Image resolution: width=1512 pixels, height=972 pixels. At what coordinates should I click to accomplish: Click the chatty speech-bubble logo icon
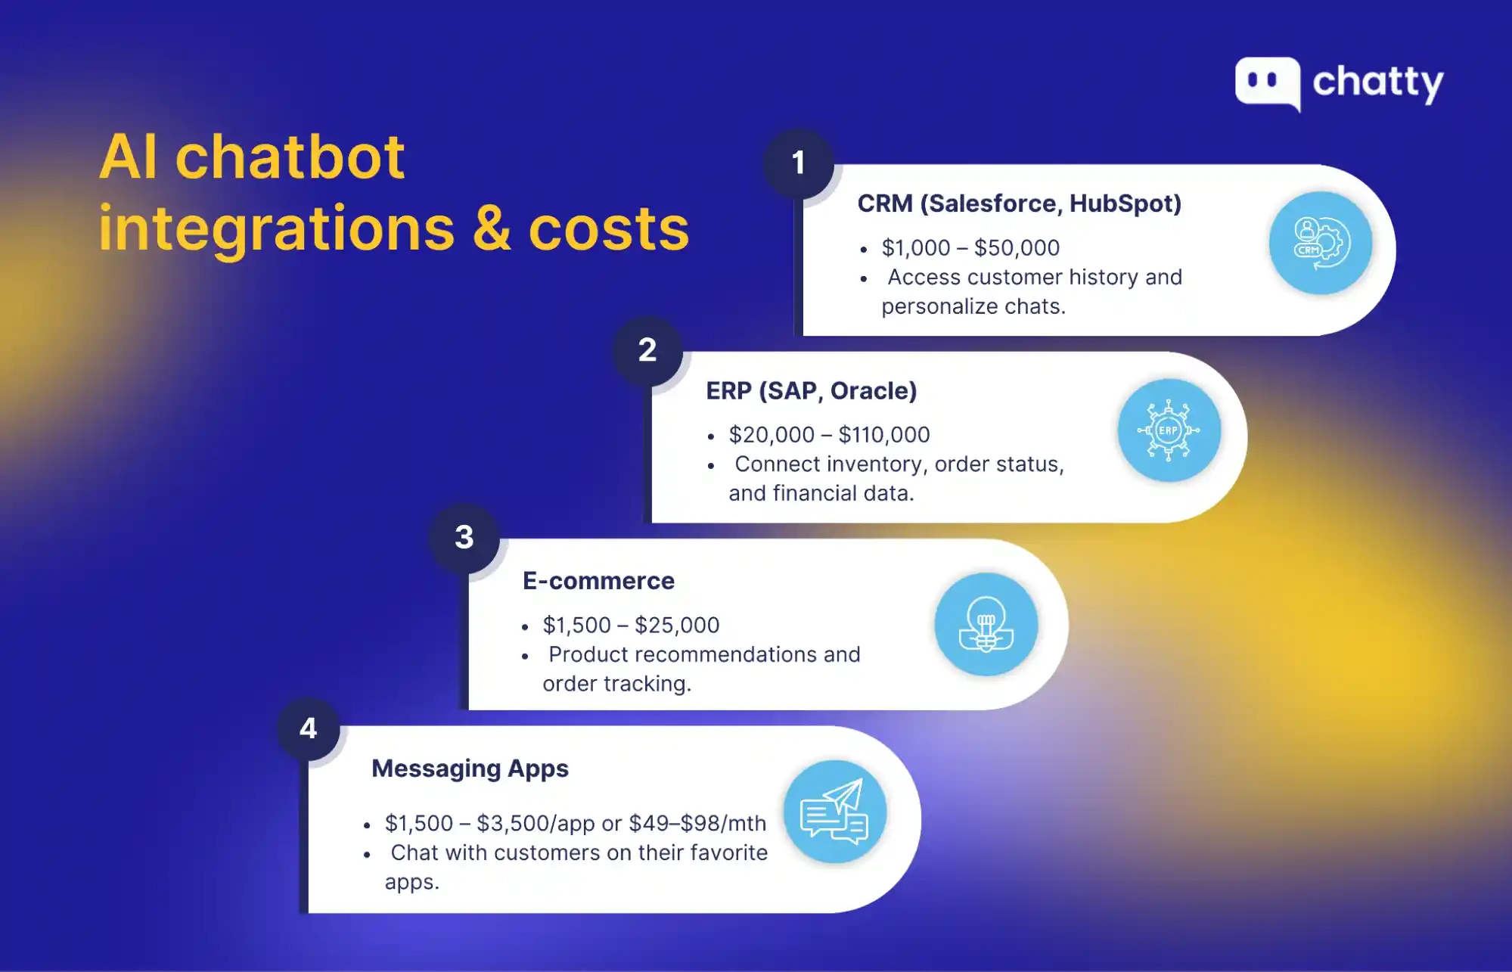[1268, 83]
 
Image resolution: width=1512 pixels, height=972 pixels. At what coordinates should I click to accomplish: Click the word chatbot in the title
[290, 157]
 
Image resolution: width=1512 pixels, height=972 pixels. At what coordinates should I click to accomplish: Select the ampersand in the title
[492, 228]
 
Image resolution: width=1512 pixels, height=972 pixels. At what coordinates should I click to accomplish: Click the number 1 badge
[798, 163]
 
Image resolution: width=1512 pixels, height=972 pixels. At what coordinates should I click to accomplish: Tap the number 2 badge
[647, 350]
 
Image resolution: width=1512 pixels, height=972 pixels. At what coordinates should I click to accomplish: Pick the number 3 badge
[464, 538]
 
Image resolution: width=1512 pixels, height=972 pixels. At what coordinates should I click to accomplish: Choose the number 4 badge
[308, 728]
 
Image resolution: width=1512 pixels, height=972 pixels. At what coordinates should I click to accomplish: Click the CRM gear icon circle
[1321, 243]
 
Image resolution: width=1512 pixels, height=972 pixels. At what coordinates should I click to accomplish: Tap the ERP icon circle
[1169, 430]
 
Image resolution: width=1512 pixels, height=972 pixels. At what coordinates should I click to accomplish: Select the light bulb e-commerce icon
[986, 624]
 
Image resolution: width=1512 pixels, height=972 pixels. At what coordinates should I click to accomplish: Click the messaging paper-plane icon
[835, 812]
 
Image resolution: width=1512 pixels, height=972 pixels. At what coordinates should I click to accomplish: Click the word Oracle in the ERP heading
[874, 391]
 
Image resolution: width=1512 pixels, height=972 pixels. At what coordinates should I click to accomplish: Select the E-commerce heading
[598, 581]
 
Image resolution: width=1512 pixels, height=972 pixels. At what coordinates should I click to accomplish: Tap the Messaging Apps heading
[470, 769]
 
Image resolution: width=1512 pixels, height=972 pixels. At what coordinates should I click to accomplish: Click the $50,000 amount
[1017, 248]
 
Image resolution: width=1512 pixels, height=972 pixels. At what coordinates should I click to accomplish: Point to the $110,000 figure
[884, 435]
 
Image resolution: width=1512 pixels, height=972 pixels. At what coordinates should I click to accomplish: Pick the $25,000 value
[677, 626]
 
